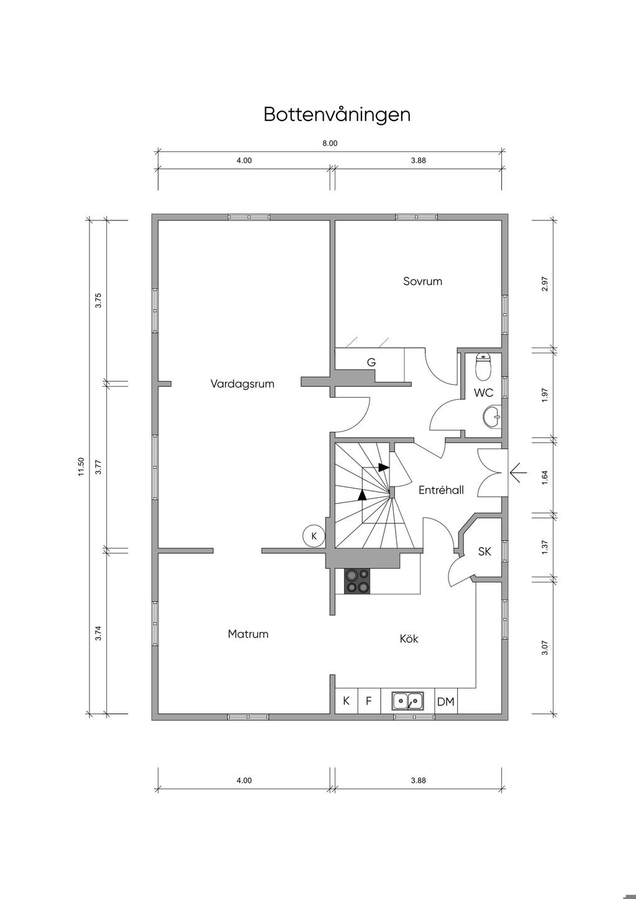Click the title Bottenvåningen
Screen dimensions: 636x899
(x=337, y=115)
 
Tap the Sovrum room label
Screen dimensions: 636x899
(x=422, y=281)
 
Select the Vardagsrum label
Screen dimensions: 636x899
(x=242, y=384)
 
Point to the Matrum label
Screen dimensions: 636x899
(x=248, y=634)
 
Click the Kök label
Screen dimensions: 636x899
(x=409, y=638)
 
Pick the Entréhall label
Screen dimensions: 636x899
(x=441, y=490)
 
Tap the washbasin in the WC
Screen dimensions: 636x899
(x=492, y=417)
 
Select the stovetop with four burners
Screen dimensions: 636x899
(x=357, y=582)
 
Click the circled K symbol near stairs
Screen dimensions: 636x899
(x=314, y=536)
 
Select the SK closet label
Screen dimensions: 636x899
(x=484, y=552)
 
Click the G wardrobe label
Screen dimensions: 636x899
(x=371, y=363)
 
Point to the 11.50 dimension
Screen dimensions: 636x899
(x=81, y=467)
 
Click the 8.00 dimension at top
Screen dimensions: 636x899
(x=330, y=143)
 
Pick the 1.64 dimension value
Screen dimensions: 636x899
(x=545, y=477)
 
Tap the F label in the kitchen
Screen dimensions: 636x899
(x=368, y=701)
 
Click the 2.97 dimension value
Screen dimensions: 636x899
(x=545, y=284)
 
